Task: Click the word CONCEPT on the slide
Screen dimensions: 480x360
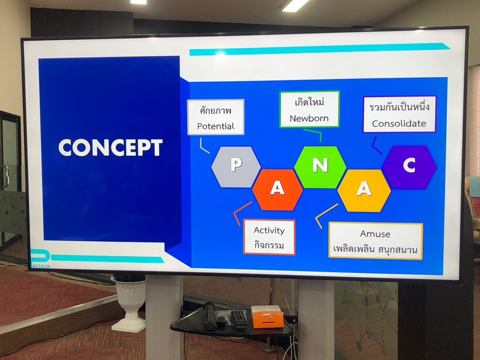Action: (x=111, y=148)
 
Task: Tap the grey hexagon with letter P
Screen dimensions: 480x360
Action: (x=236, y=167)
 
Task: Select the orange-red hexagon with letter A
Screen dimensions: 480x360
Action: (x=277, y=190)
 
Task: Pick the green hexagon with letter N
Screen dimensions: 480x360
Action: (x=320, y=167)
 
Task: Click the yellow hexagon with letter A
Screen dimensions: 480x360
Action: (x=364, y=190)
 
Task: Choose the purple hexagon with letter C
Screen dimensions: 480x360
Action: (x=409, y=167)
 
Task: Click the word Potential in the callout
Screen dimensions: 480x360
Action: (x=215, y=126)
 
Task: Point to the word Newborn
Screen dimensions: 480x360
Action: (x=309, y=118)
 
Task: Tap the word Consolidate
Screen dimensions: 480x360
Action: (x=399, y=124)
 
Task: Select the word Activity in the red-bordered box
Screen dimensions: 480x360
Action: (x=269, y=231)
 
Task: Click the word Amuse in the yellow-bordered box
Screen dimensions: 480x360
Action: (x=375, y=234)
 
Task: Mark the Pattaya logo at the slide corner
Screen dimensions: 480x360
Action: (x=41, y=259)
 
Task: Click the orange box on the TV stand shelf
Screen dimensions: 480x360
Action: (x=268, y=317)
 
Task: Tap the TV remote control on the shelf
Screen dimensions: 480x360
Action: (x=239, y=318)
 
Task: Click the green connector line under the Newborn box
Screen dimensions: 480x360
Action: (x=314, y=133)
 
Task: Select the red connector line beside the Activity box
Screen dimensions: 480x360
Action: (x=242, y=212)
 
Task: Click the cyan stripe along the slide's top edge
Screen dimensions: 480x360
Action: (x=319, y=49)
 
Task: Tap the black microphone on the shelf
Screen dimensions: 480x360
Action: (x=210, y=316)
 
